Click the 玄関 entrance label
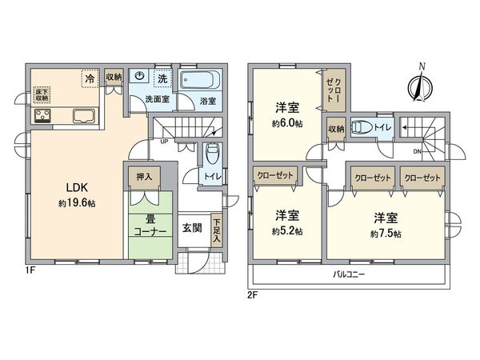(191, 227)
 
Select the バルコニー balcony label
(349, 274)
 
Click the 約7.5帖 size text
(386, 234)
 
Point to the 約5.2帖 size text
(287, 231)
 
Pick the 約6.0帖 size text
(287, 123)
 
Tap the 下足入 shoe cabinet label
(217, 230)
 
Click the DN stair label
(417, 150)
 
